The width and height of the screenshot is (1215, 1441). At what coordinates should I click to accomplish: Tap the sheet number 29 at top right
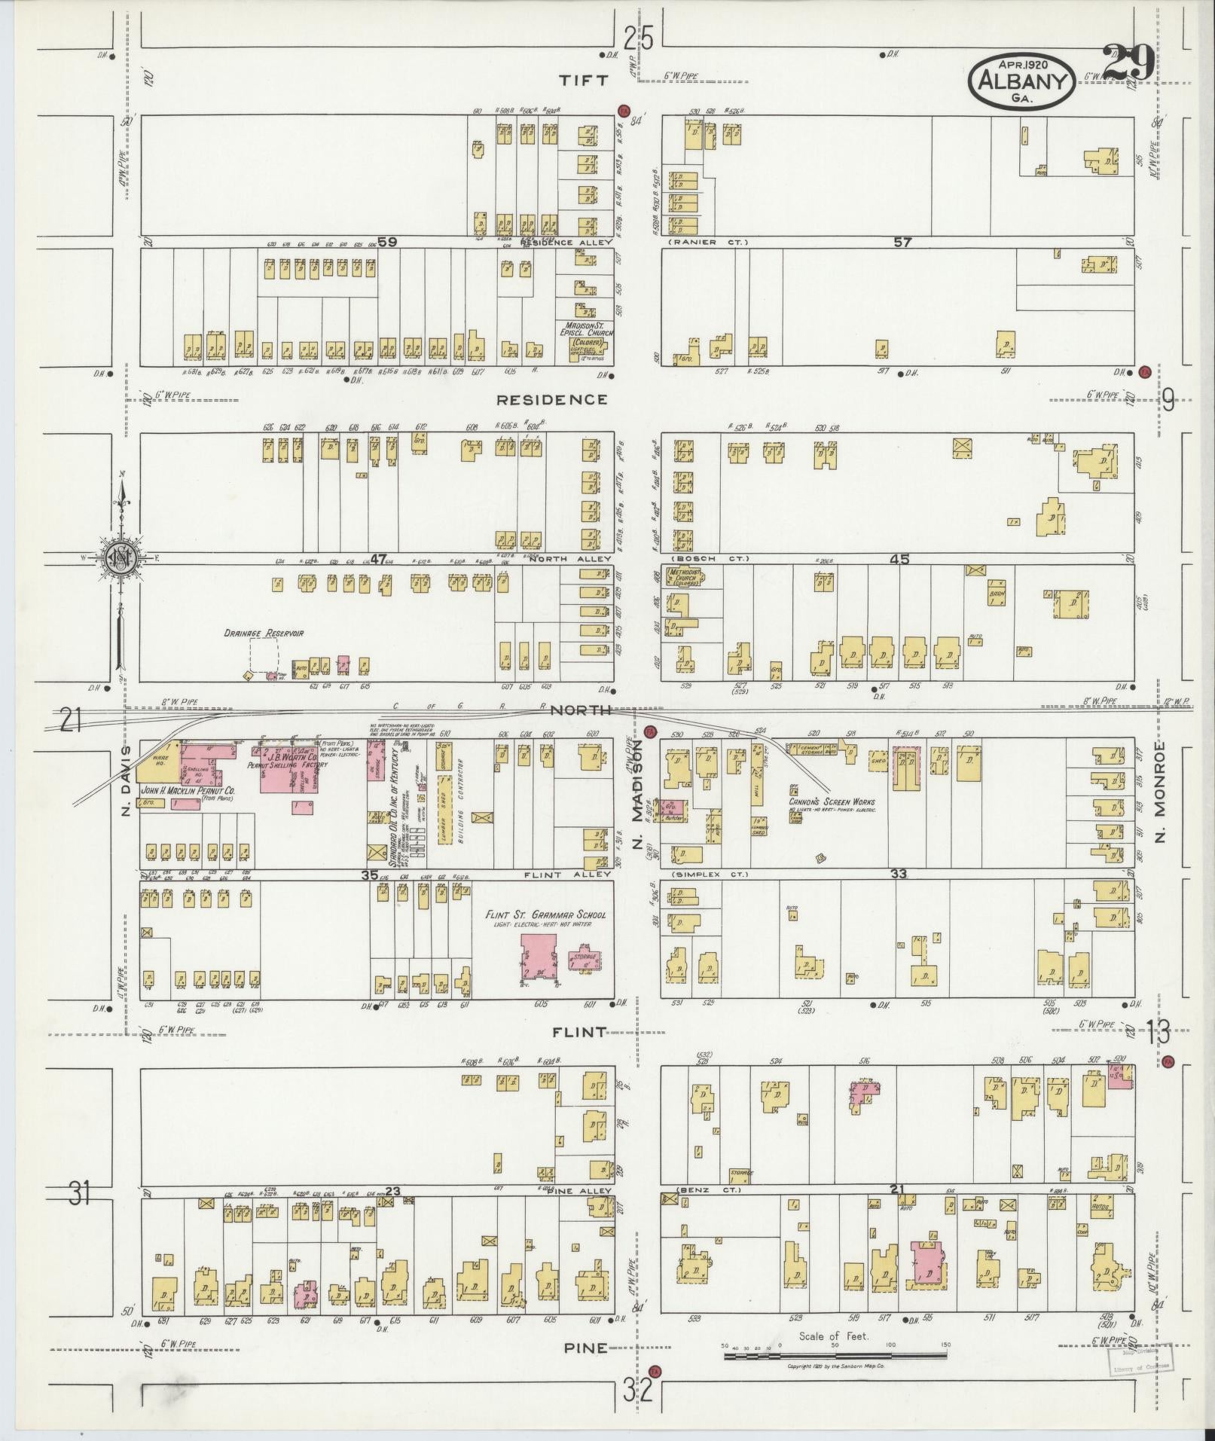pos(1127,63)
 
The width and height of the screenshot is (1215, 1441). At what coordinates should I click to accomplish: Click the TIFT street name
pos(585,81)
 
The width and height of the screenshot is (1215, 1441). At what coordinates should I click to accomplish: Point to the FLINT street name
pos(578,1032)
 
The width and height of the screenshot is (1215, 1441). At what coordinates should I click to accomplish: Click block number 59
pos(387,242)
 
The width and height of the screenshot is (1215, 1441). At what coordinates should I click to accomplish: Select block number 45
pos(899,559)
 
